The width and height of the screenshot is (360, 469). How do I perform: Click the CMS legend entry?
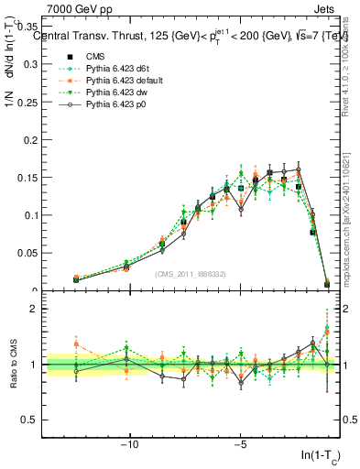coord(95,58)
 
